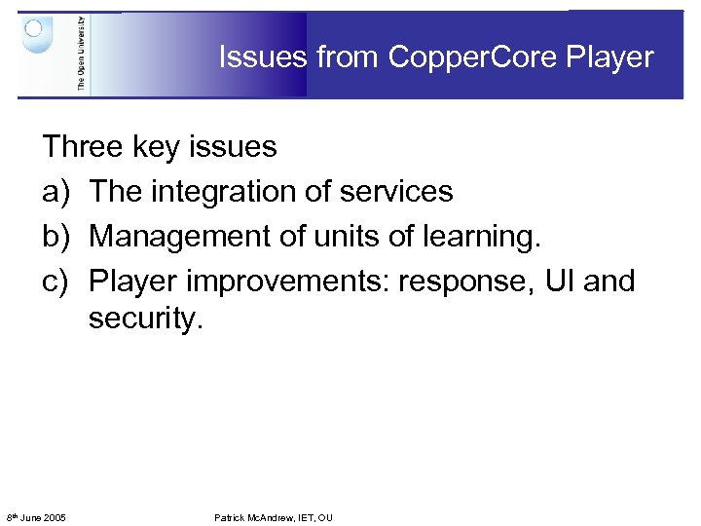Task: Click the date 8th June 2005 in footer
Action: pos(36,517)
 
